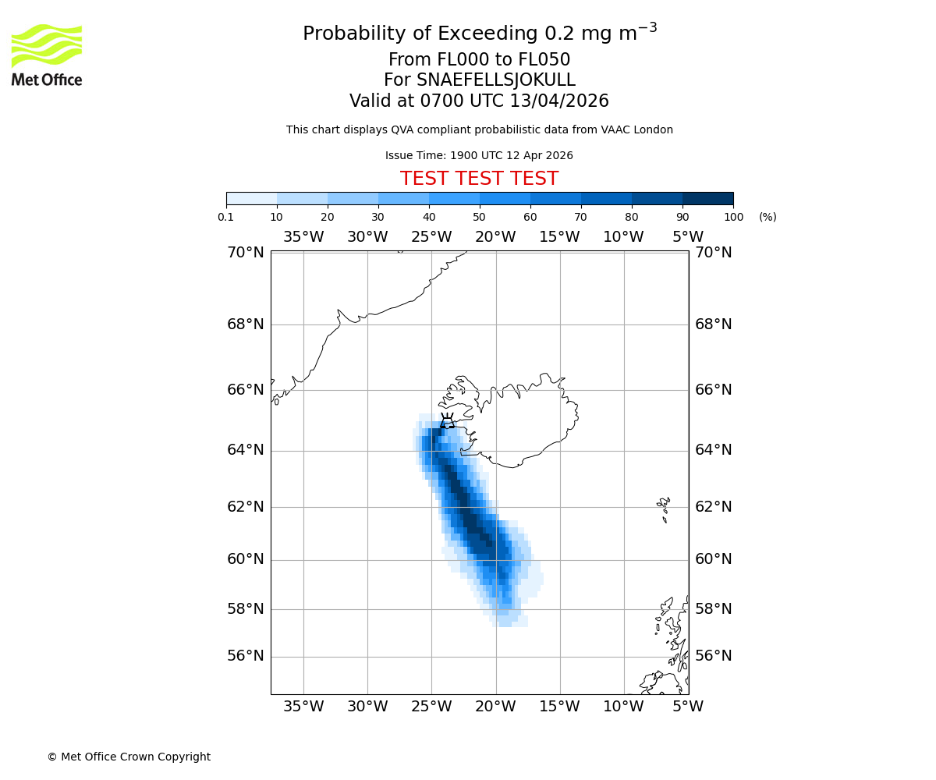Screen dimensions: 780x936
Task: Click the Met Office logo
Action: click(x=47, y=55)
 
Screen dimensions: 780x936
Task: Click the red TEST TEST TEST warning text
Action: click(x=479, y=179)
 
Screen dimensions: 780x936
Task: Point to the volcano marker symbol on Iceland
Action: click(x=447, y=421)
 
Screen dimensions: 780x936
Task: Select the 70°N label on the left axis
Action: click(x=246, y=252)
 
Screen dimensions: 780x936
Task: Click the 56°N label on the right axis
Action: click(x=713, y=656)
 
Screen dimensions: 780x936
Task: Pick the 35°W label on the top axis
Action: click(x=303, y=237)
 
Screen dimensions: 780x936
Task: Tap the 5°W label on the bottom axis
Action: click(x=687, y=707)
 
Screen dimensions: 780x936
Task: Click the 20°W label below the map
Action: click(x=495, y=707)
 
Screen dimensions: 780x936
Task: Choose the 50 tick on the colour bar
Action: click(x=479, y=217)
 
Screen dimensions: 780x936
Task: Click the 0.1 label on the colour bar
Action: click(x=226, y=217)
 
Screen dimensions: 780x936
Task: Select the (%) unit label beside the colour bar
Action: click(x=768, y=217)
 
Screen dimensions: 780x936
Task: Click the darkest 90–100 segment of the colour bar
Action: click(x=707, y=198)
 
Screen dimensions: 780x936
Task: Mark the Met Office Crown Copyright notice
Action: click(x=129, y=757)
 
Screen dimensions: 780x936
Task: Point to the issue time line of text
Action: click(x=479, y=155)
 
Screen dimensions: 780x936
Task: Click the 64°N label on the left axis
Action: click(x=246, y=450)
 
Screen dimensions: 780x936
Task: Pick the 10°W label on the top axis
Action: click(x=623, y=237)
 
